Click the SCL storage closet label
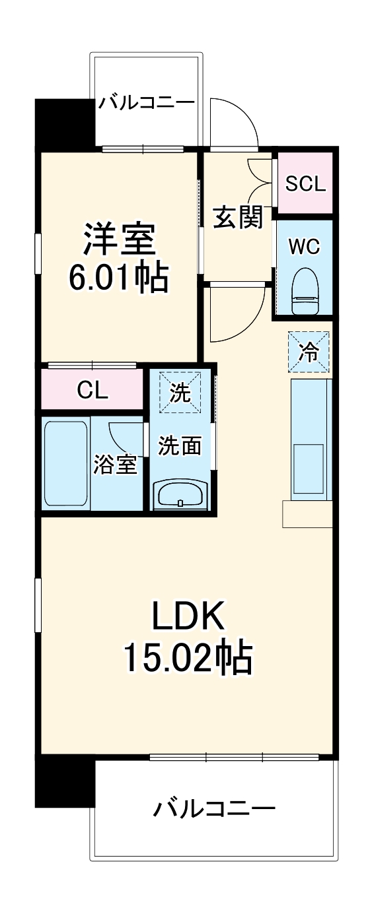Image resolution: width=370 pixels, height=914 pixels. pyautogui.click(x=305, y=183)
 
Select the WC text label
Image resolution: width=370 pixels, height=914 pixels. pyautogui.click(x=305, y=246)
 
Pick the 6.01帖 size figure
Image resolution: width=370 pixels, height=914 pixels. pyautogui.click(x=119, y=278)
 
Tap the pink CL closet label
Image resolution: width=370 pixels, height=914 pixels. pyautogui.click(x=92, y=391)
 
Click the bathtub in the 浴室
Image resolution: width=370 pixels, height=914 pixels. pyautogui.click(x=65, y=465)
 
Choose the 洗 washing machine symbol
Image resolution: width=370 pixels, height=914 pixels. pyautogui.click(x=180, y=393)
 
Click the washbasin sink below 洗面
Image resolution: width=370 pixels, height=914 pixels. pyautogui.click(x=181, y=494)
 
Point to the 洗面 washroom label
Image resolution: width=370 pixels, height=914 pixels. pyautogui.click(x=180, y=446)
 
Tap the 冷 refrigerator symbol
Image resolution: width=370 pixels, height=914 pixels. pyautogui.click(x=308, y=352)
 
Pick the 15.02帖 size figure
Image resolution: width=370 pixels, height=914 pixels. pyautogui.click(x=187, y=657)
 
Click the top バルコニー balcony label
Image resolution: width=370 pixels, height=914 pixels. pyautogui.click(x=147, y=103)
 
